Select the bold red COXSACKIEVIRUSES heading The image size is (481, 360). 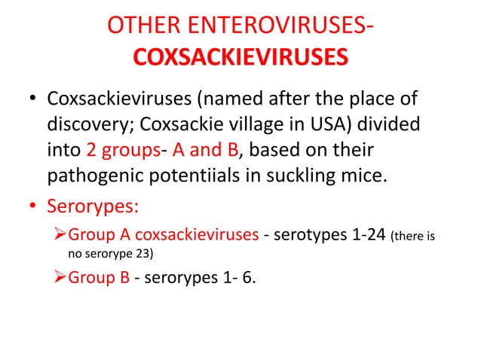click(x=240, y=57)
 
